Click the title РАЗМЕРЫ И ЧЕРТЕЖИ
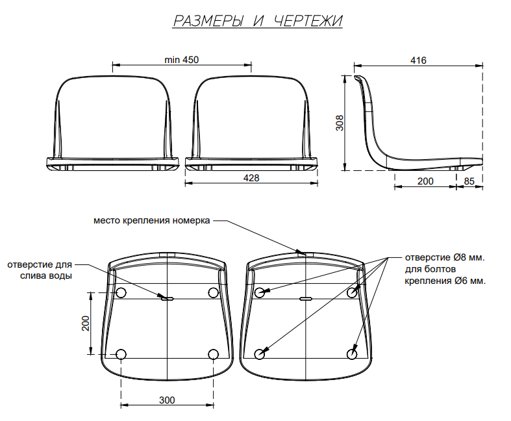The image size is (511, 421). tap(258, 21)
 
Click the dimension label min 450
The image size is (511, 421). tap(182, 60)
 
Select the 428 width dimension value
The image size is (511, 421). tap(251, 178)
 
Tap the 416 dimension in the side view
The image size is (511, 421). tap(418, 60)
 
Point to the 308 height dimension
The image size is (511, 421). tap(340, 123)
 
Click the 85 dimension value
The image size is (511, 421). tap(469, 181)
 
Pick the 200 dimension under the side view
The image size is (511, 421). tap(425, 181)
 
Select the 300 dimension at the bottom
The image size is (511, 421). tap(167, 400)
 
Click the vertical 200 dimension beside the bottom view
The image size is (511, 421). tap(86, 323)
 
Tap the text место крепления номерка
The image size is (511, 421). tap(151, 220)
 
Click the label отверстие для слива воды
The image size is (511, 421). tap(40, 270)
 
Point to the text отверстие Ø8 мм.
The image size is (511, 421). tap(445, 257)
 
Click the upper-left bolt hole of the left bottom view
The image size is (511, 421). tap(121, 292)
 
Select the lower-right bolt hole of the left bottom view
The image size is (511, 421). tap(213, 354)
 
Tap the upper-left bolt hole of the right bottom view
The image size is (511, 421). tap(260, 292)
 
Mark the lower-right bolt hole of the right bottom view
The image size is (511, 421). tap(352, 354)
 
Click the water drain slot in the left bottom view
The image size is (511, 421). tap(168, 298)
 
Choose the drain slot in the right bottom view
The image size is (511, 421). tap(306, 298)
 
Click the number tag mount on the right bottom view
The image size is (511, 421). tap(305, 254)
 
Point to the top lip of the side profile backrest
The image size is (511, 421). tap(358, 77)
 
